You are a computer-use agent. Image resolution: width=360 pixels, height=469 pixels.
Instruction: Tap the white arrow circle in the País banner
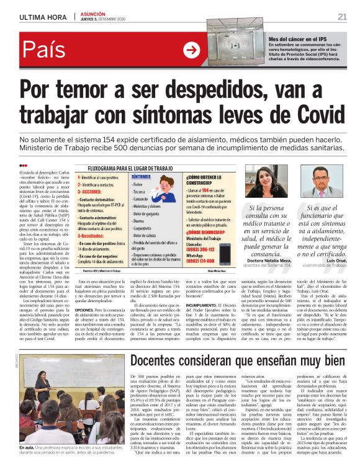[192, 50]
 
